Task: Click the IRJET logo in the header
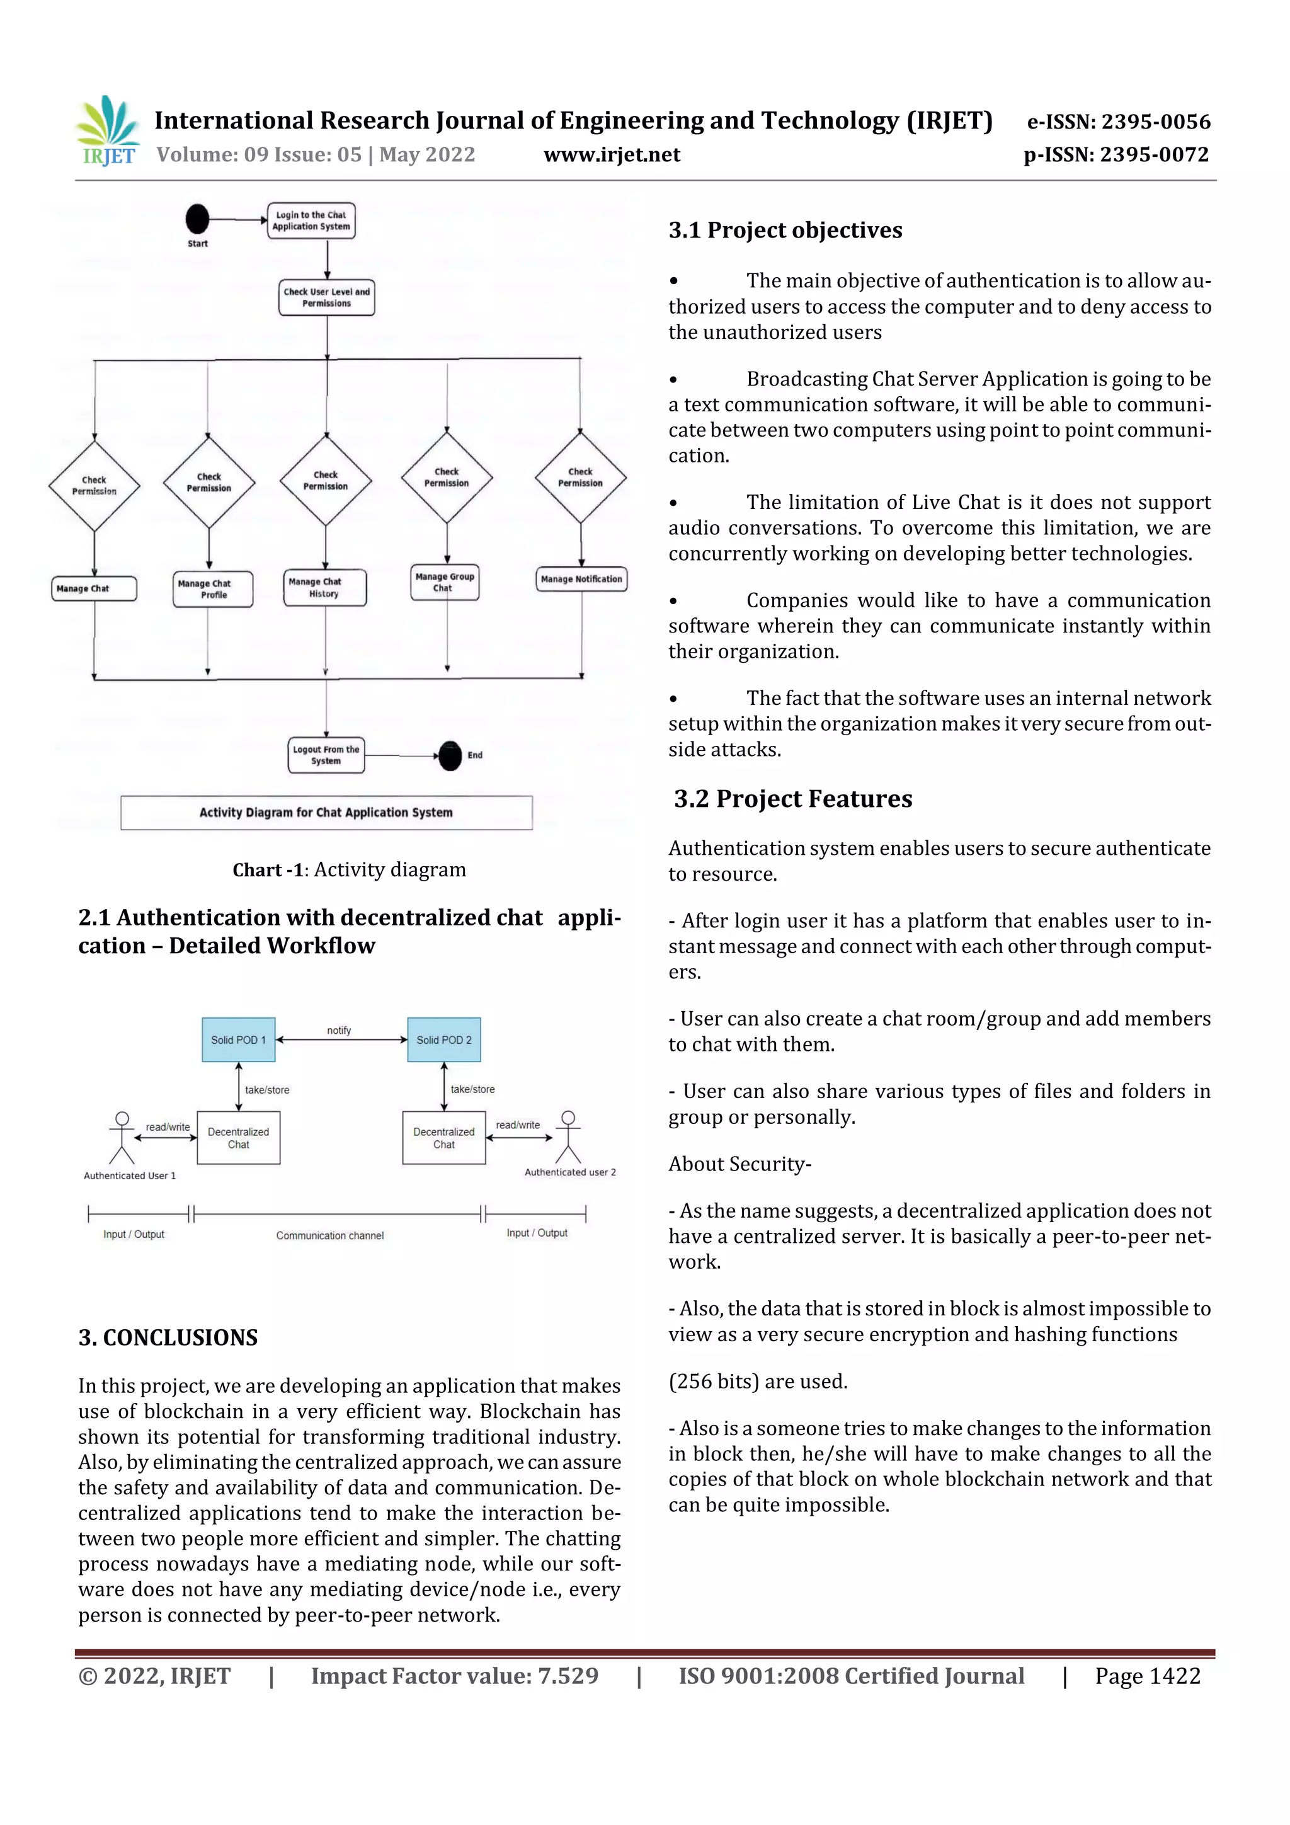coord(107,130)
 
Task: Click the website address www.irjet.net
coord(611,154)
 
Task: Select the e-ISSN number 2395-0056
coord(1118,122)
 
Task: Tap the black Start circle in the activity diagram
coord(197,219)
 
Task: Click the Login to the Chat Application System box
coord(311,220)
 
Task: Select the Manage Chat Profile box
coord(213,589)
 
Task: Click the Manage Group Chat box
coord(444,582)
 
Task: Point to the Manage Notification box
coord(581,579)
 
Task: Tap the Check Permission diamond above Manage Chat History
coord(325,480)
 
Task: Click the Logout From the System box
coord(326,755)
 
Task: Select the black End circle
coord(450,755)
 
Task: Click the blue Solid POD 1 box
coord(239,1039)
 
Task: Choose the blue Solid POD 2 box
coord(443,1039)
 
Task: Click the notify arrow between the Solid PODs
coord(340,1039)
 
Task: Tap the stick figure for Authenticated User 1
coord(122,1138)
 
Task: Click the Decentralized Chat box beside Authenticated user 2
coord(443,1138)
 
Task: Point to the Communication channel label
coord(330,1235)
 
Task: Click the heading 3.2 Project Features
coord(792,798)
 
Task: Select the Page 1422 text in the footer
coord(1147,1676)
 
